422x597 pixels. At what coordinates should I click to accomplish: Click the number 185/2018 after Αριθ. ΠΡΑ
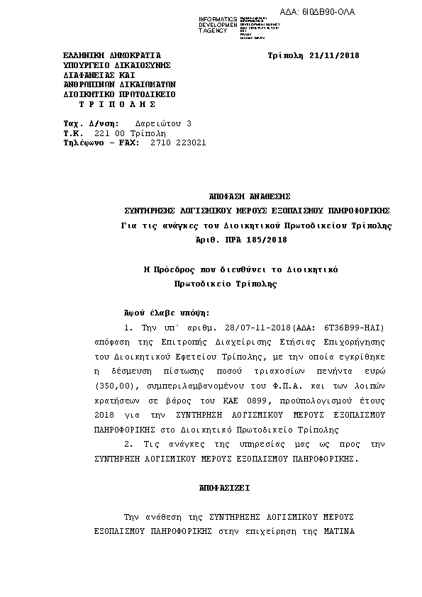[267, 240]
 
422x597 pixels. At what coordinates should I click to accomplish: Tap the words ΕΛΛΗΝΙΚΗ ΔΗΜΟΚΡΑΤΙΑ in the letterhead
[111, 55]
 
